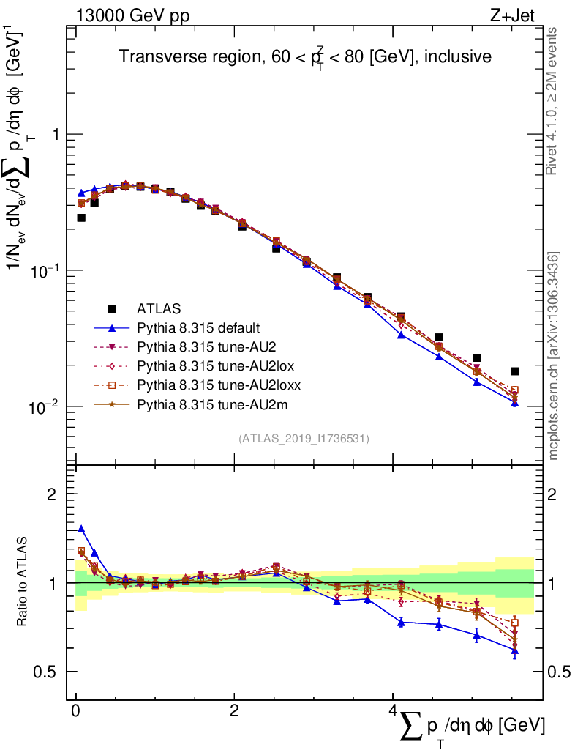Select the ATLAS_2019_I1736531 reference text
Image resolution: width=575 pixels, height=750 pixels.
tap(304, 439)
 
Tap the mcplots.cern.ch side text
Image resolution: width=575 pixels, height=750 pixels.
tap(554, 357)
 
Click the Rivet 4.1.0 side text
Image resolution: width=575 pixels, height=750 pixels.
tap(554, 101)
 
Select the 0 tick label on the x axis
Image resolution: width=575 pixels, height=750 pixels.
tap(75, 711)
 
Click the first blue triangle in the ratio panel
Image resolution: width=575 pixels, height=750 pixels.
tap(81, 529)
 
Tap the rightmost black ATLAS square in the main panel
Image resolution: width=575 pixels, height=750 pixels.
tap(515, 371)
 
